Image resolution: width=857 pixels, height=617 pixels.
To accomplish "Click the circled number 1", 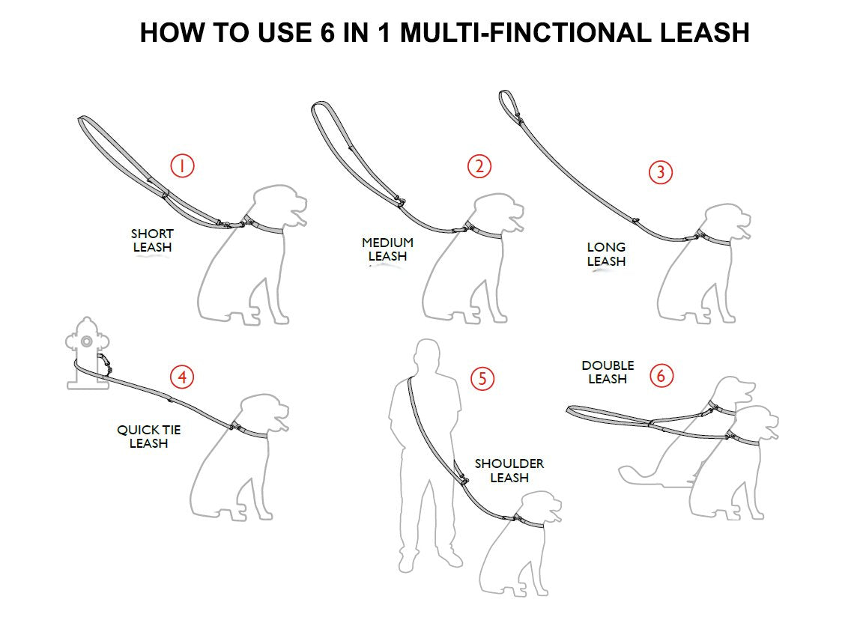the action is (x=182, y=165).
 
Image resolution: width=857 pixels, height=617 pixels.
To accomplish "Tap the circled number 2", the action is (x=479, y=166).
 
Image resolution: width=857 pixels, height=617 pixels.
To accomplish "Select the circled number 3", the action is (x=659, y=172).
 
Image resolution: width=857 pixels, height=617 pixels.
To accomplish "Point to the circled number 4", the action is (x=181, y=377).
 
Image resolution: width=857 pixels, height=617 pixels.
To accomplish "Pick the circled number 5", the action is (x=482, y=378).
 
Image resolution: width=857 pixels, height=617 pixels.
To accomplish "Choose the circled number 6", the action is (x=660, y=374).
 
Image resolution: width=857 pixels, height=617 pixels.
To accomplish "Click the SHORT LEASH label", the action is (x=152, y=240).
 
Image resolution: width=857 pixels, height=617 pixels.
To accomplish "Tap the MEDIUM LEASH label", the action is (x=387, y=249).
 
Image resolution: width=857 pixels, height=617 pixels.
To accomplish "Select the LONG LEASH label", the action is (x=606, y=254).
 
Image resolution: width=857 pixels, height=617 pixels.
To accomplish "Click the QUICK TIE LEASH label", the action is (x=148, y=437).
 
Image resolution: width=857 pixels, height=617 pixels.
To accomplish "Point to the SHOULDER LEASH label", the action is (x=509, y=471).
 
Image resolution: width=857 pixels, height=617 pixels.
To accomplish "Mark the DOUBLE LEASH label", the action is (x=608, y=372).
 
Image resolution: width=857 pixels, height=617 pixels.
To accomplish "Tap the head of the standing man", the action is (x=428, y=355).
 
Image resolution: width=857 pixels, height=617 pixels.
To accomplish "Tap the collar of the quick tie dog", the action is (x=252, y=432).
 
